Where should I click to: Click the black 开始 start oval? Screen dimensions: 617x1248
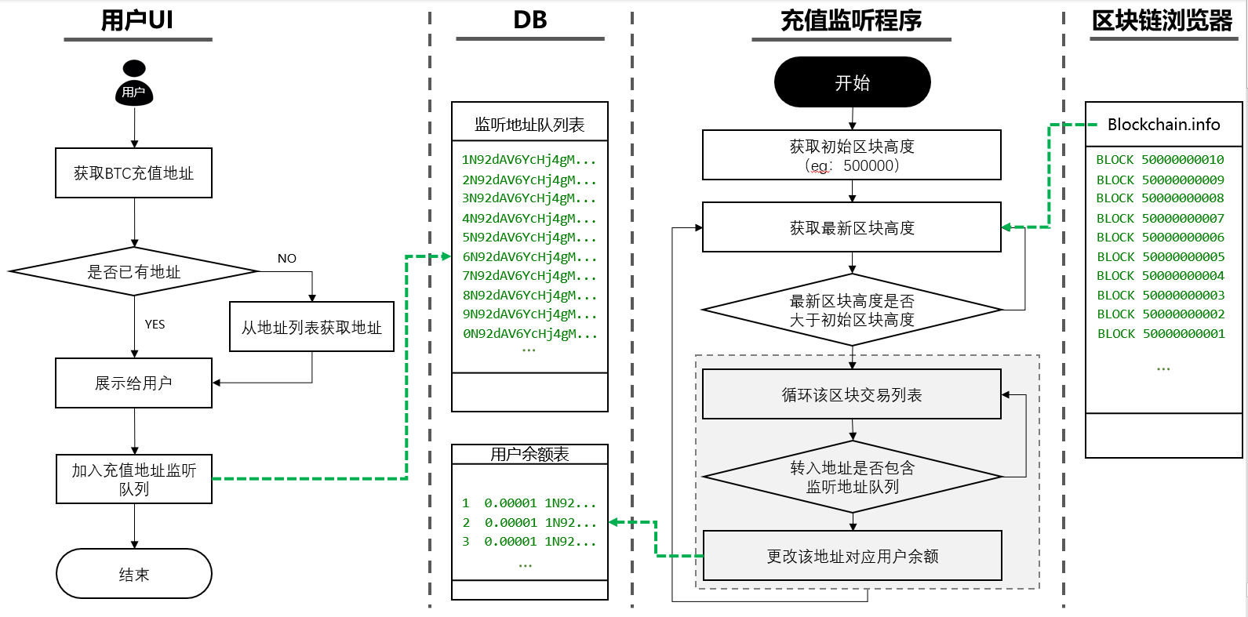(852, 82)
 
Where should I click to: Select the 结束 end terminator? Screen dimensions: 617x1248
(134, 574)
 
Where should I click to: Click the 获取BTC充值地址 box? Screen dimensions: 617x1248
(133, 173)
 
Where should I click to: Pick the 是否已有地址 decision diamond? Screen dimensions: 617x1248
(133, 272)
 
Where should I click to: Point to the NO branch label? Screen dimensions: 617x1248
(286, 259)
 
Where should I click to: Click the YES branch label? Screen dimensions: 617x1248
(155, 325)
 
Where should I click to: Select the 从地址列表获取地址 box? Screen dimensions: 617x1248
(311, 327)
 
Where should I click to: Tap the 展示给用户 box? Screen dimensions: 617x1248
(133, 383)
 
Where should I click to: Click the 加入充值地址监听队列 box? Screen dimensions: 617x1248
(133, 479)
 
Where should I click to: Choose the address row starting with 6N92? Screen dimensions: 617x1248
(529, 257)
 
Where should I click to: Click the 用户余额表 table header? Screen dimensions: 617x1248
(529, 454)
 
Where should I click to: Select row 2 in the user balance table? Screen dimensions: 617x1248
(529, 522)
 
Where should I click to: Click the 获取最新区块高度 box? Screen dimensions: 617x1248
(851, 228)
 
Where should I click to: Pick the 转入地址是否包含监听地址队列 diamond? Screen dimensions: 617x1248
(852, 477)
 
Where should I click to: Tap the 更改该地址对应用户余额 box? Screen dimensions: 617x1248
(852, 556)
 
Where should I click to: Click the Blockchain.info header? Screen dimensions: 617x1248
(1163, 125)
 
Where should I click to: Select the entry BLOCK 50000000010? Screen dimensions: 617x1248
(1159, 160)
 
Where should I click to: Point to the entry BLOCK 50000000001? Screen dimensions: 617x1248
(1160, 334)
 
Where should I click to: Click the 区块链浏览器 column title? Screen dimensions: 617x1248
(1162, 21)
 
